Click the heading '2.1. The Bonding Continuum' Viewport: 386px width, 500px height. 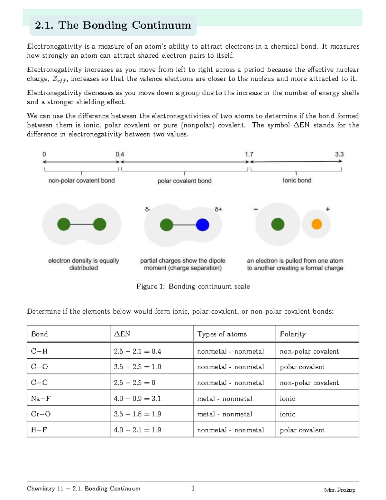(113, 25)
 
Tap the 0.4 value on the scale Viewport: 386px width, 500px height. (120, 154)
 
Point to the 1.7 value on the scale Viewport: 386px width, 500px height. (249, 154)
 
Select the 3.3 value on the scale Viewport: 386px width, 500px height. (339, 154)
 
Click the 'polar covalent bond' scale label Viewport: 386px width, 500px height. (184, 181)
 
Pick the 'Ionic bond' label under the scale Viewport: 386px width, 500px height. (297, 180)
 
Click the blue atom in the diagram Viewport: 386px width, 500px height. (202, 225)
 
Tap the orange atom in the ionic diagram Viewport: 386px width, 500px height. (317, 224)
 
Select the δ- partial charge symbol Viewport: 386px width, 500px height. (148, 209)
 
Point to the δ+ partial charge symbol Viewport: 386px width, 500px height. (218, 209)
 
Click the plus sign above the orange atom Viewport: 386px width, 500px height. (328, 209)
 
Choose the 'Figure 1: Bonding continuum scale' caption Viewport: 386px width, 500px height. (193, 286)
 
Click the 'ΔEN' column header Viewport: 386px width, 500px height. (122, 334)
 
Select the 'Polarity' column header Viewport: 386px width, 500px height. (293, 334)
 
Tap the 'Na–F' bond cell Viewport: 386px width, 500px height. (41, 399)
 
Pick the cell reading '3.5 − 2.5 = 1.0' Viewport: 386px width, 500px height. (137, 367)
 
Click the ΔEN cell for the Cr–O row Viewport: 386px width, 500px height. (137, 414)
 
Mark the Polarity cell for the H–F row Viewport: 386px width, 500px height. (302, 430)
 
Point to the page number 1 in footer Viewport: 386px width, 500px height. (193, 488)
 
